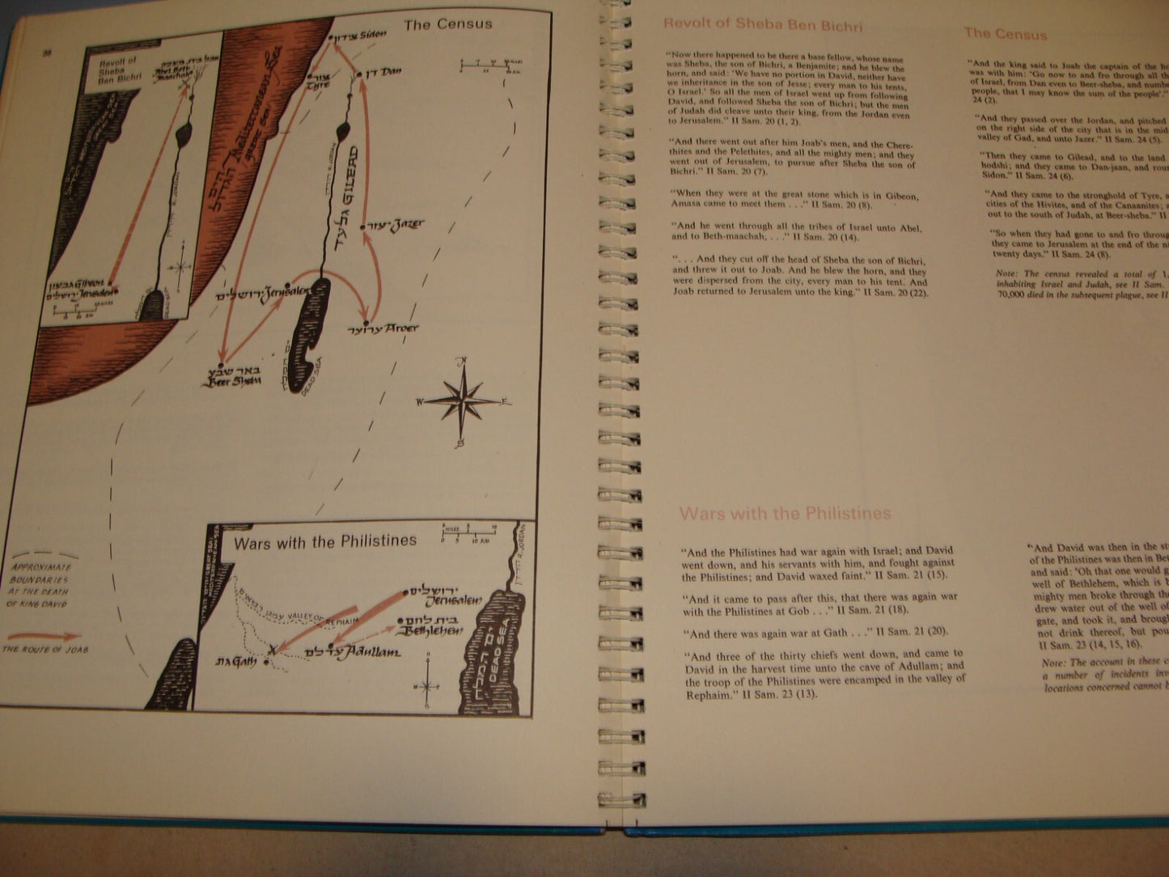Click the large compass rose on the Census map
click(462, 401)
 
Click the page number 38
click(47, 53)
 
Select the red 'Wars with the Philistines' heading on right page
click(785, 513)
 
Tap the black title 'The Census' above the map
click(447, 24)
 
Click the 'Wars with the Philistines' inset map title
click(325, 542)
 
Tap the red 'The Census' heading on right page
click(1005, 33)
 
